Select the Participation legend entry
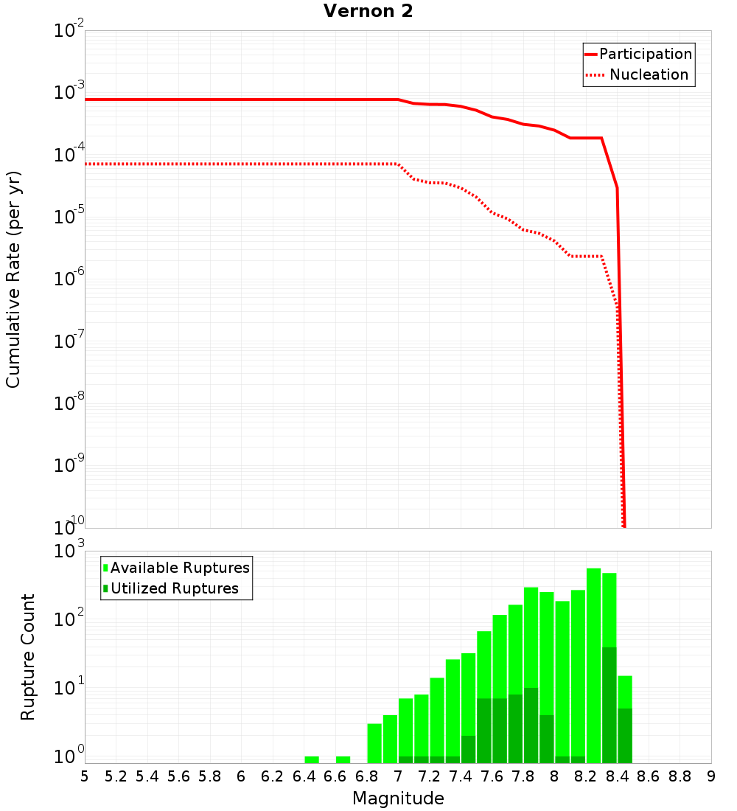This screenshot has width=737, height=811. (645, 54)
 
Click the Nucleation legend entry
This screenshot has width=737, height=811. (648, 74)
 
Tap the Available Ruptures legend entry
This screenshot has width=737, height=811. (180, 568)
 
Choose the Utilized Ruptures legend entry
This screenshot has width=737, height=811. (174, 588)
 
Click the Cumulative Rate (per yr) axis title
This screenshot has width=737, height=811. (13, 279)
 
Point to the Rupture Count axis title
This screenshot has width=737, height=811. (28, 657)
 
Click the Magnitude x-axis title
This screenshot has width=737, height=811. (398, 798)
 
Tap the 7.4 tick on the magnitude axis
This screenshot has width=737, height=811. (461, 776)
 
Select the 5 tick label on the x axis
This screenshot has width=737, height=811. (85, 776)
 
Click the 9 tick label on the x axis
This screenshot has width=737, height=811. (711, 776)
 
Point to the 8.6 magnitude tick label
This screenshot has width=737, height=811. (649, 776)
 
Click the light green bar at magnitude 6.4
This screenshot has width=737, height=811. (312, 759)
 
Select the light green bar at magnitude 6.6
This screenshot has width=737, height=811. (343, 759)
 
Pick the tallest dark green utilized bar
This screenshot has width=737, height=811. (609, 704)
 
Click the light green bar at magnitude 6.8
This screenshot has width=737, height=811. (374, 743)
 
